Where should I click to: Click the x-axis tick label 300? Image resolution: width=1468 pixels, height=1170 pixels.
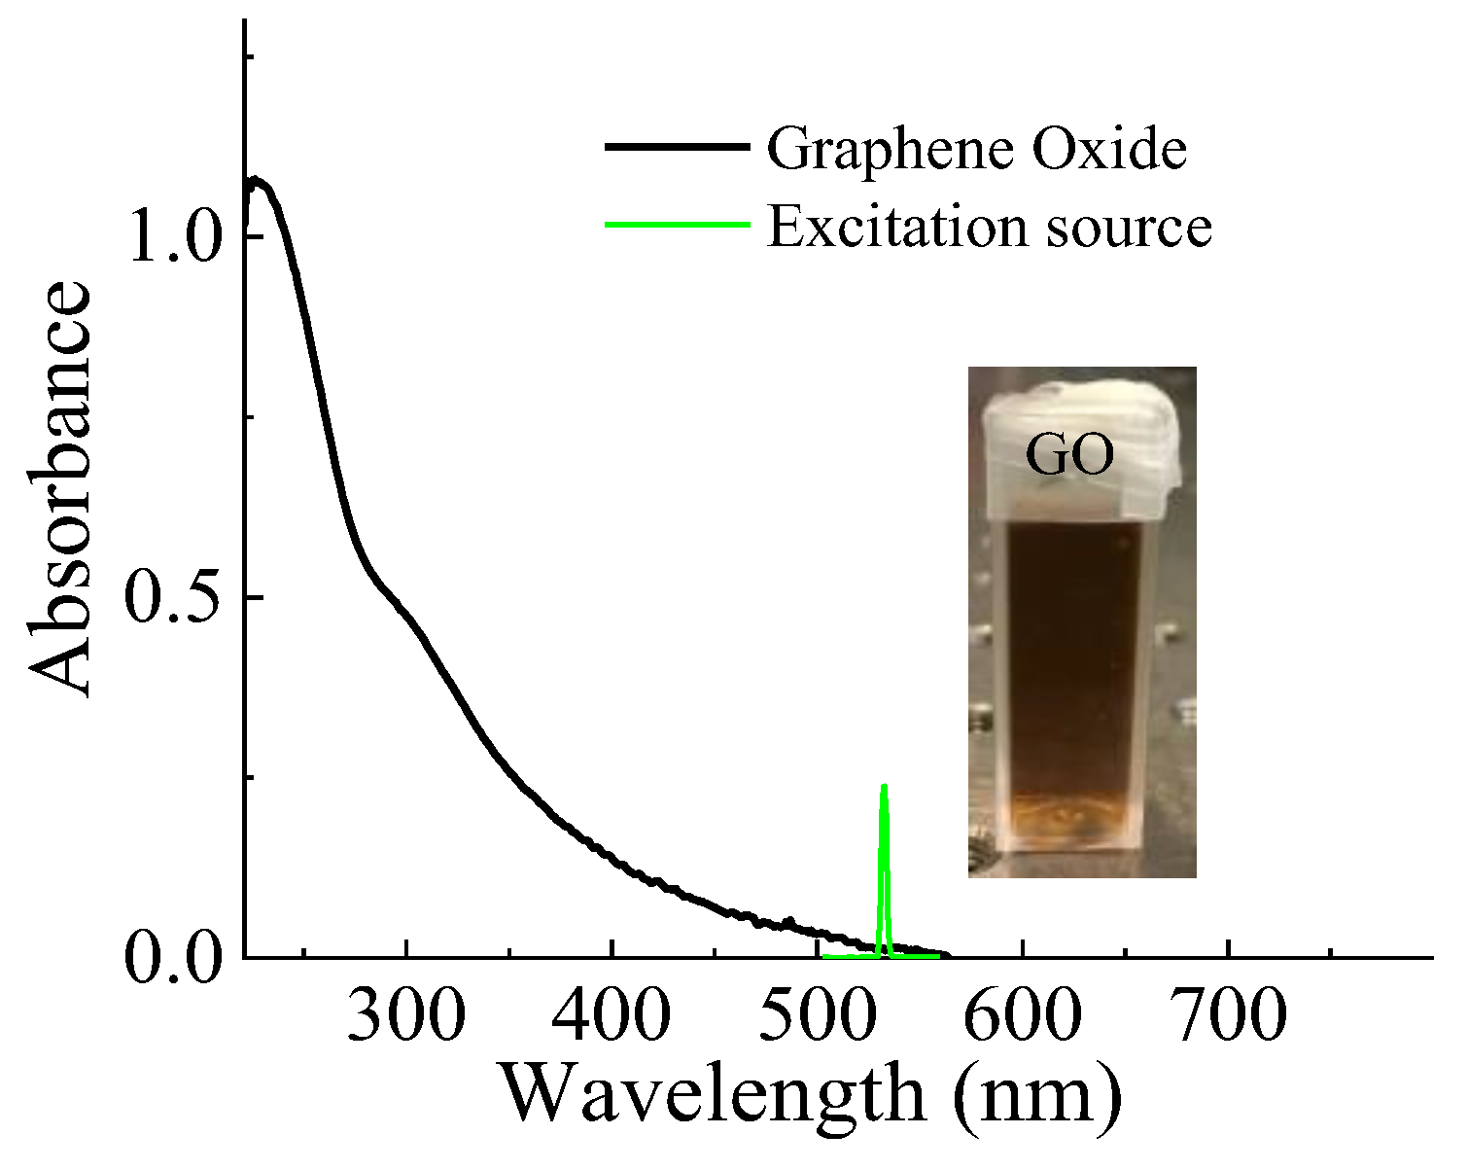[x=406, y=1016]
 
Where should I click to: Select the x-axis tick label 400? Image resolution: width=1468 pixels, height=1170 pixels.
[x=612, y=1016]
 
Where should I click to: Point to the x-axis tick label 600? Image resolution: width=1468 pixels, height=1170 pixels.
[x=1023, y=1016]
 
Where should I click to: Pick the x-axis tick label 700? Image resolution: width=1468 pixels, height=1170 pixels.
[x=1228, y=1016]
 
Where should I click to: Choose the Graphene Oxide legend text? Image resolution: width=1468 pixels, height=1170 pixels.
[x=977, y=151]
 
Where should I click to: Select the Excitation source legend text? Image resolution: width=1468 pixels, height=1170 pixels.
[x=990, y=227]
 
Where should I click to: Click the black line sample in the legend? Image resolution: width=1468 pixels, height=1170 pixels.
[x=678, y=147]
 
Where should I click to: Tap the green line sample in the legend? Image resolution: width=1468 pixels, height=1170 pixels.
[x=678, y=224]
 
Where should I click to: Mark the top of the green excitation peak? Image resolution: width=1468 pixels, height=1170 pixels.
[x=884, y=786]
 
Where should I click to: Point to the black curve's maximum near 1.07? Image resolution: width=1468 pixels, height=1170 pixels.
[x=256, y=181]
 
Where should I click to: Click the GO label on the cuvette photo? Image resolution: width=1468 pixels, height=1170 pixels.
[x=1070, y=456]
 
